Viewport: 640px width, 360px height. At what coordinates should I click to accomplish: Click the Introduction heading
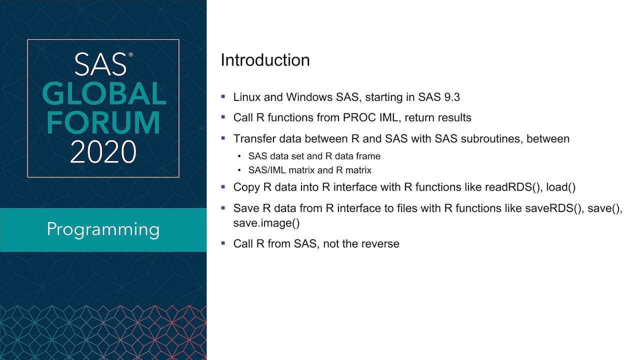coord(265,60)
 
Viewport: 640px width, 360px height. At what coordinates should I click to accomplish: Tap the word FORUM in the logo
coord(103,122)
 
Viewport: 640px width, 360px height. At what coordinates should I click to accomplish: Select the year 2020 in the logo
coord(103,152)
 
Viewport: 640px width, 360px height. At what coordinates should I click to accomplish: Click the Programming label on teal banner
coord(103,229)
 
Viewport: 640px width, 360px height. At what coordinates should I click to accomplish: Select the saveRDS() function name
coord(554,208)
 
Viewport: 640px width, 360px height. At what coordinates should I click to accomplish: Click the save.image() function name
coord(266,223)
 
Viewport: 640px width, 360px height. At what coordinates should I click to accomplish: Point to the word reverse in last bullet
coord(381,244)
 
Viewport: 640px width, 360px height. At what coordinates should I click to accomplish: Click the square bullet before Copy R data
coord(223,187)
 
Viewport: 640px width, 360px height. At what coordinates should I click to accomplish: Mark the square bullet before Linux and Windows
coord(223,96)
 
